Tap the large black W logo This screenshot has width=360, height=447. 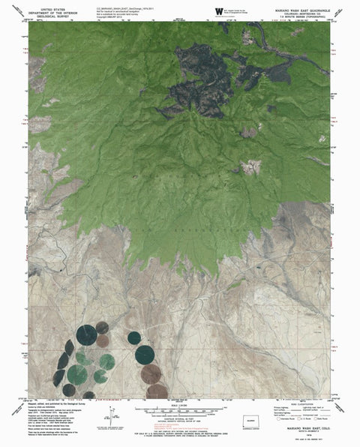coord(218,10)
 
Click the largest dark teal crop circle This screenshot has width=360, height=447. coord(86,334)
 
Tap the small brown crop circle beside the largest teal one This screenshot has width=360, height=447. coord(103,341)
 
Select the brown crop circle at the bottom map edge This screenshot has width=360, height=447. coord(157,391)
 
